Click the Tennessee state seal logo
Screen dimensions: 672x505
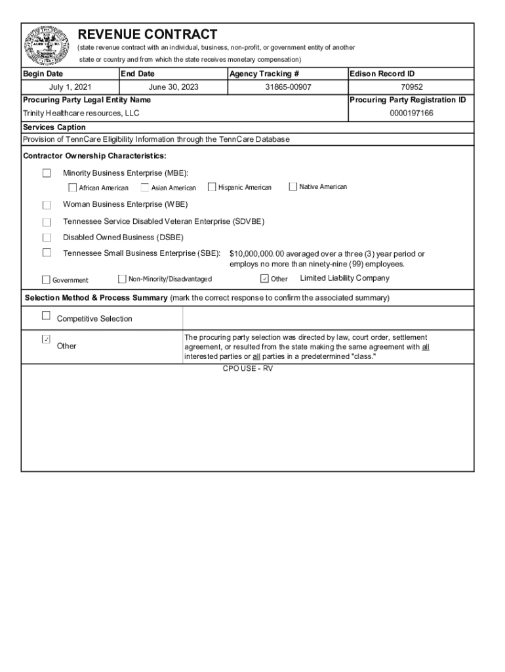47,45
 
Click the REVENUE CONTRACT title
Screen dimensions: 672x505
148,34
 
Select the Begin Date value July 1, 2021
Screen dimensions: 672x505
70,87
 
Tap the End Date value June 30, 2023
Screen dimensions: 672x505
174,87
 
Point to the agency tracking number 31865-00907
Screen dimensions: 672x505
288,87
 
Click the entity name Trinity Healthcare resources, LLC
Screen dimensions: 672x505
81,114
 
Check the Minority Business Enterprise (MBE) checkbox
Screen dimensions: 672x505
47,173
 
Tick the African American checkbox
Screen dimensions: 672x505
72,188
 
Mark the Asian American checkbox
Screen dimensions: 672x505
144,188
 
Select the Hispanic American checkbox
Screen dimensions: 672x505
212,187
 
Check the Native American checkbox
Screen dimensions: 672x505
293,187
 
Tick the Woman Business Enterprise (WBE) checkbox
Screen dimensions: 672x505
47,205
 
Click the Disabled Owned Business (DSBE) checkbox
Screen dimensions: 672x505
47,238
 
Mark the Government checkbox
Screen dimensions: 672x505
46,280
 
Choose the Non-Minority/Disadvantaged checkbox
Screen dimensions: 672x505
122,279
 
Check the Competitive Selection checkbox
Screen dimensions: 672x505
46,316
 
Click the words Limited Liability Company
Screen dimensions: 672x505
344,278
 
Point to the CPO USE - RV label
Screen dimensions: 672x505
247,369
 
